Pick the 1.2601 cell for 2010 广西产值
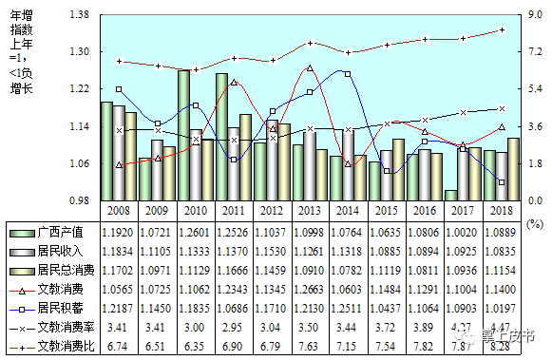pos(195,231)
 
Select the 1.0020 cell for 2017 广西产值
pos(463,231)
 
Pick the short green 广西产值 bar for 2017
pos(450,196)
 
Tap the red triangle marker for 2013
pos(310,69)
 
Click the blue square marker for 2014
pos(348,74)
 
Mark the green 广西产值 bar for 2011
pos(222,137)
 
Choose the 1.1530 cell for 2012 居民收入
pos(272,251)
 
